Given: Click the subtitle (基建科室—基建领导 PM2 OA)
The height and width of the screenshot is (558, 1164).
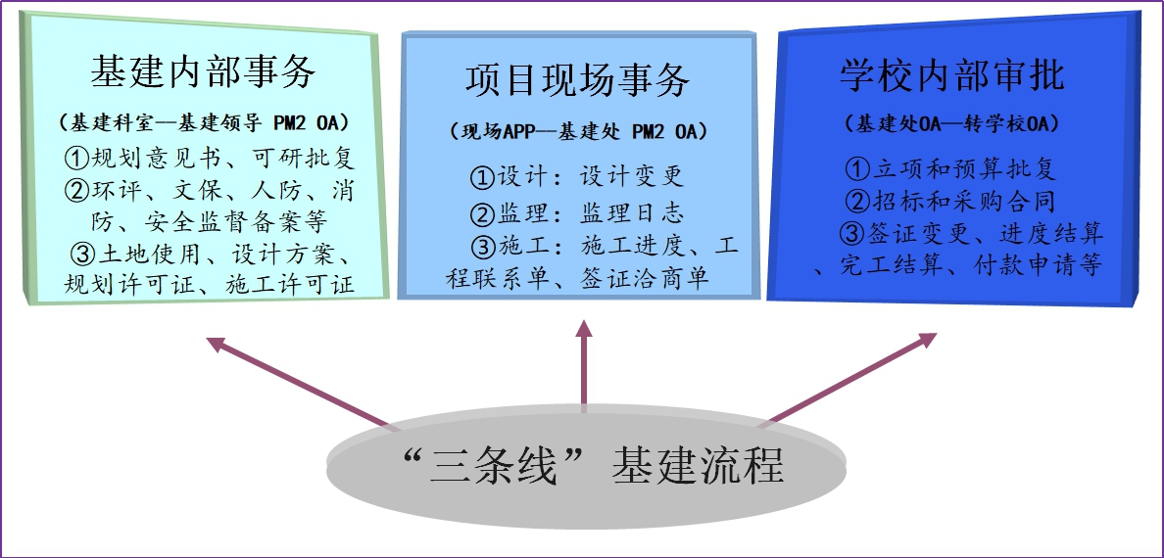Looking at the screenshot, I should coord(204,123).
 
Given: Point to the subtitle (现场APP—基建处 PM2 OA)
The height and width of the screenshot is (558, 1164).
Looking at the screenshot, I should coord(578,130).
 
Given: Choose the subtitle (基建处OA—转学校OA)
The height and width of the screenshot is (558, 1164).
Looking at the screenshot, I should coord(951,125).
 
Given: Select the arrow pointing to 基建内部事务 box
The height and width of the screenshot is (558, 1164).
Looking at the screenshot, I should coord(294,383).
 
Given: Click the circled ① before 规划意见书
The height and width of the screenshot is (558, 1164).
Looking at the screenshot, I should coord(75,158).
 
